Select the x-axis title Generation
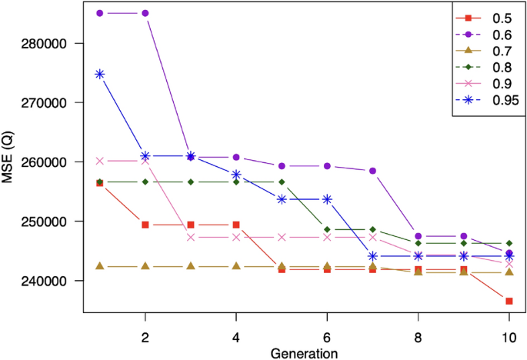pyautogui.click(x=304, y=352)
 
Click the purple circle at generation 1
pyautogui.click(x=99, y=14)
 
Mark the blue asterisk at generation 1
pyautogui.click(x=99, y=74)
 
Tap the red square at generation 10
pyautogui.click(x=509, y=301)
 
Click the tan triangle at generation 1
pyautogui.click(x=99, y=266)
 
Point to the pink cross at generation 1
pyautogui.click(x=99, y=161)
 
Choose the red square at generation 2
pyautogui.click(x=145, y=225)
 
